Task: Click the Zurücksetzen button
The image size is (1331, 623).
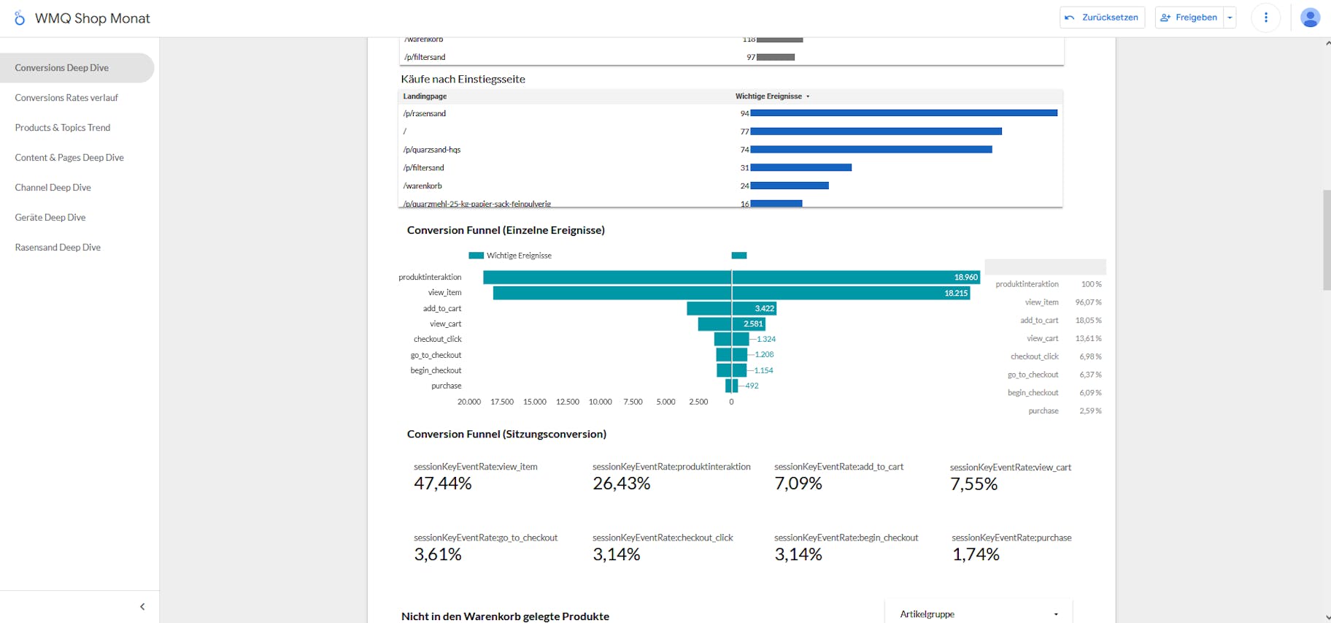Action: click(x=1102, y=18)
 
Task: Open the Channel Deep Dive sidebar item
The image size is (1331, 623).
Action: click(x=53, y=188)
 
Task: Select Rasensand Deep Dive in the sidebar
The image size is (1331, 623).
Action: click(x=58, y=248)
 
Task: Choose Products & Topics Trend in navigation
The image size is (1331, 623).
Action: click(x=62, y=128)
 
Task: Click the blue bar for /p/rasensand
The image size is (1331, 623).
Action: click(x=903, y=113)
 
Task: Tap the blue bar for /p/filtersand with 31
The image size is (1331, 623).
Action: click(x=800, y=168)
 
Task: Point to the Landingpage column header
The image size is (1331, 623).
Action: click(x=425, y=96)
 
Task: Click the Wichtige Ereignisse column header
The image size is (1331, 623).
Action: click(x=769, y=96)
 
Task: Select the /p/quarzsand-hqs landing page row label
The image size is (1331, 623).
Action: click(x=432, y=150)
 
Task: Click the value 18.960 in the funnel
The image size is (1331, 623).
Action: click(x=965, y=278)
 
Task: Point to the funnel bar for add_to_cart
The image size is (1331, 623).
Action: click(x=730, y=309)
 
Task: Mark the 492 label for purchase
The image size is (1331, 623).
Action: click(x=752, y=386)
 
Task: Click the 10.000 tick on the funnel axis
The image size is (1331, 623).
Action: click(x=600, y=402)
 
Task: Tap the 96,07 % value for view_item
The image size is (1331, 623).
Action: click(x=1088, y=302)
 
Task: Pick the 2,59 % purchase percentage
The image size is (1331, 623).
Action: click(x=1090, y=411)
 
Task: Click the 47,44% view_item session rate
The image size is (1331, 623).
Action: click(x=443, y=484)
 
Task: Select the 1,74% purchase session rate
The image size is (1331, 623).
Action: click(x=976, y=554)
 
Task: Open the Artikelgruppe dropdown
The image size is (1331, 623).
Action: click(x=978, y=614)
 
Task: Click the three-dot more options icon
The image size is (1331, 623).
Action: click(x=1265, y=18)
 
